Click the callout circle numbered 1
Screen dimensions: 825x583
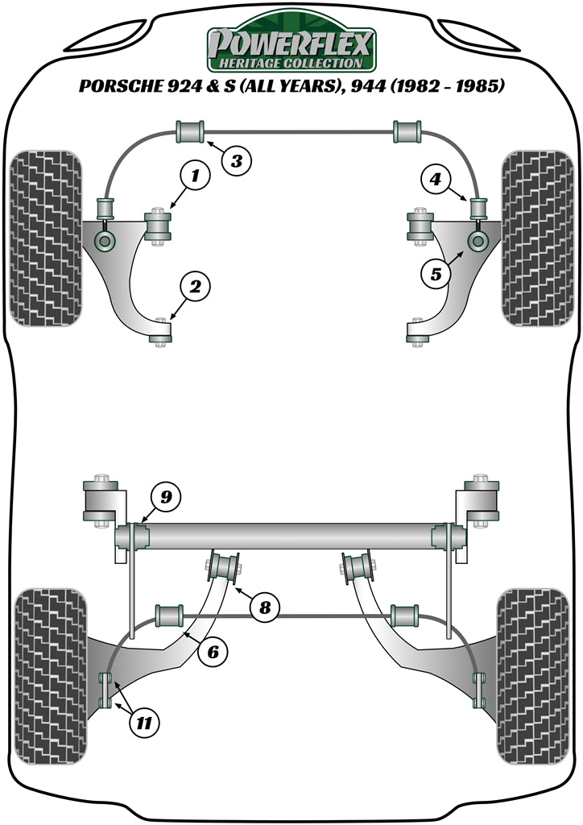click(195, 174)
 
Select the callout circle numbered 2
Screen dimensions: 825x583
click(195, 285)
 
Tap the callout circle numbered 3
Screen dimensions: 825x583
click(236, 160)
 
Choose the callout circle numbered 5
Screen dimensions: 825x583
click(436, 274)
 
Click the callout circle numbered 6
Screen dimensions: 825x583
click(213, 652)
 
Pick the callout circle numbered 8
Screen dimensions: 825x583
click(264, 607)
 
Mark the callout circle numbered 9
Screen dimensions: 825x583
click(164, 497)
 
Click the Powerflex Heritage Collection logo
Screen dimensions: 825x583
click(291, 47)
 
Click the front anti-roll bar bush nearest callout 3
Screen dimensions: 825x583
click(190, 131)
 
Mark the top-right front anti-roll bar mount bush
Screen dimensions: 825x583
click(407, 131)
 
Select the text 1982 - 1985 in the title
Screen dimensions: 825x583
click(449, 86)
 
